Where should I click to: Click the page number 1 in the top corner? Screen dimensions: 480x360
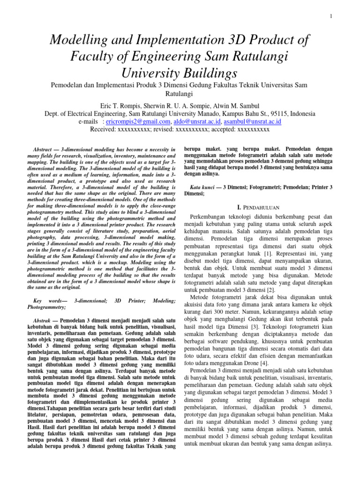(331, 17)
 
